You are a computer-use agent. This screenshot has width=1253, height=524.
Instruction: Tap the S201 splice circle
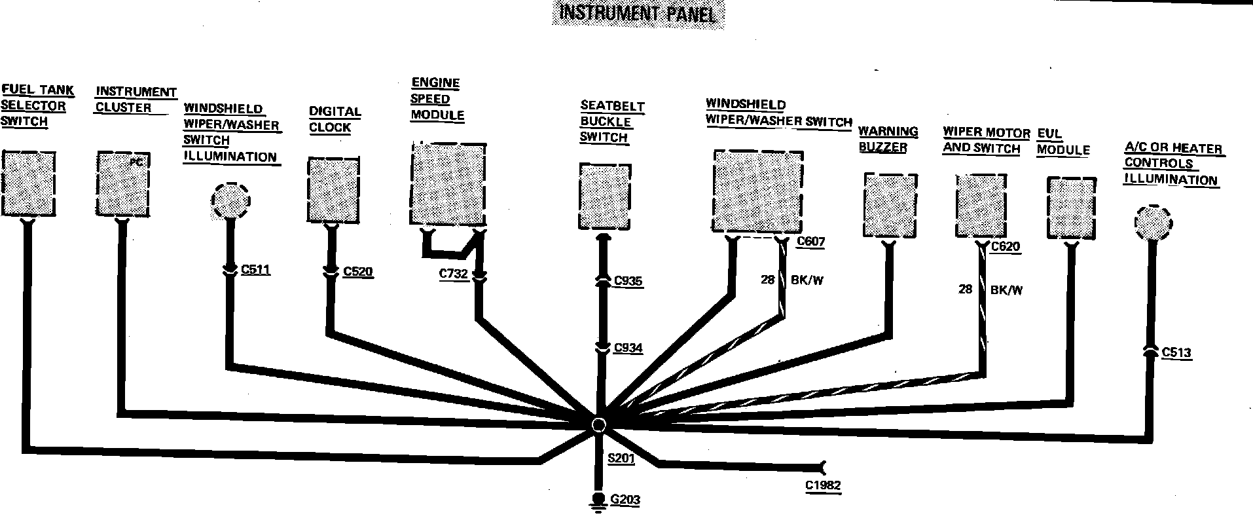tap(598, 425)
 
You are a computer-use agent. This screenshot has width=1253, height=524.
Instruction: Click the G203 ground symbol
tap(598, 500)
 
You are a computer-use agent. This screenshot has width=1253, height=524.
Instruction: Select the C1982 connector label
tap(823, 485)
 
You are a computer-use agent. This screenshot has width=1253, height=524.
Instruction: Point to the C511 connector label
tap(255, 270)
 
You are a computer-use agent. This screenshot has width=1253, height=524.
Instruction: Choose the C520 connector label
tap(357, 272)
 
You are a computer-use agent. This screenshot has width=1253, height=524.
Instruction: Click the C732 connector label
tap(453, 274)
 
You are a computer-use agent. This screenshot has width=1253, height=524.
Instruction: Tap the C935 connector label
tap(628, 281)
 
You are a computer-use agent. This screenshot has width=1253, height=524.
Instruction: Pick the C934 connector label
tap(628, 348)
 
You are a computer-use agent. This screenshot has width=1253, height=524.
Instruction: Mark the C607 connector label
tap(810, 242)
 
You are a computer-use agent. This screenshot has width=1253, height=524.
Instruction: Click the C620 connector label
tap(1006, 247)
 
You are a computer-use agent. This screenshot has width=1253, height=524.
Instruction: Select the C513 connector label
tap(1176, 353)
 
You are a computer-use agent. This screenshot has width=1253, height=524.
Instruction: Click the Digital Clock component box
tap(333, 190)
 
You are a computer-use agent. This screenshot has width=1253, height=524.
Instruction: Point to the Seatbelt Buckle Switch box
tap(604, 196)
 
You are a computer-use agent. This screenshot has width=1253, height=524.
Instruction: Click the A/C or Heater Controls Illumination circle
tap(1153, 222)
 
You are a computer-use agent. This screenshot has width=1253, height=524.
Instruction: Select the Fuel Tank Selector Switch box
tap(28, 184)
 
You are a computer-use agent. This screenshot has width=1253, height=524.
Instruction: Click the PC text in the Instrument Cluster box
tap(136, 162)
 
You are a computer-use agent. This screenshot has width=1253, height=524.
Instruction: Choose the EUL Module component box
tap(1071, 208)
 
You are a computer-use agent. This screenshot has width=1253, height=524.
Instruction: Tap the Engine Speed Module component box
tap(448, 184)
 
